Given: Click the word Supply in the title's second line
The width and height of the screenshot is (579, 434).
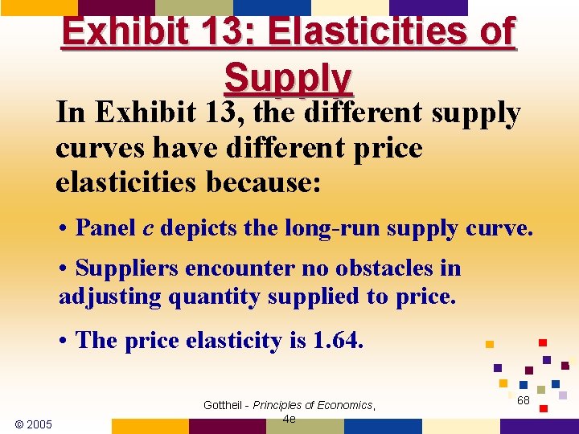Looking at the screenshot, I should coord(289,78).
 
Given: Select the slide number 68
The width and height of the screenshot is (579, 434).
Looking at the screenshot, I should coord(524,399).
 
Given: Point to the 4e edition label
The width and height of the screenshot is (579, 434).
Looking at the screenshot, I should coord(289,419).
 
